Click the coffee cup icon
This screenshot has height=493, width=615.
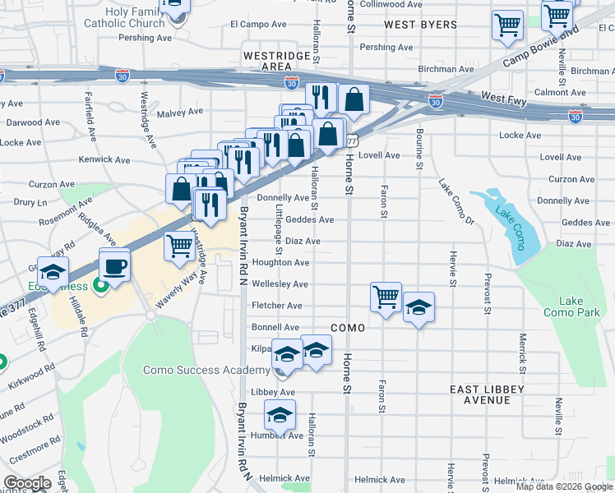pyautogui.click(x=114, y=266)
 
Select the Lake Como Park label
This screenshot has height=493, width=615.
pyautogui.click(x=571, y=306)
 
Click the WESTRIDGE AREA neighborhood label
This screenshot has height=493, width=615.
pyautogui.click(x=279, y=60)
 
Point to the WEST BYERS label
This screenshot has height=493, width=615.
pyautogui.click(x=420, y=25)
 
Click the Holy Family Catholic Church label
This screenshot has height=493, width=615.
pyautogui.click(x=124, y=16)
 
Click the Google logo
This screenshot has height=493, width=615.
pyautogui.click(x=28, y=482)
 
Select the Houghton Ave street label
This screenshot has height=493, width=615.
pyautogui.click(x=280, y=262)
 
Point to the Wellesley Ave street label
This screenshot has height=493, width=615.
pyautogui.click(x=280, y=284)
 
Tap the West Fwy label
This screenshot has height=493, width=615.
pyautogui.click(x=504, y=97)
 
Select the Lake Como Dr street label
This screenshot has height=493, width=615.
pyautogui.click(x=456, y=202)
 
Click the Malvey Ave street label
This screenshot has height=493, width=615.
pyautogui.click(x=179, y=112)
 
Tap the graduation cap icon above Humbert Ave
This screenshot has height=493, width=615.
pyautogui.click(x=280, y=414)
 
